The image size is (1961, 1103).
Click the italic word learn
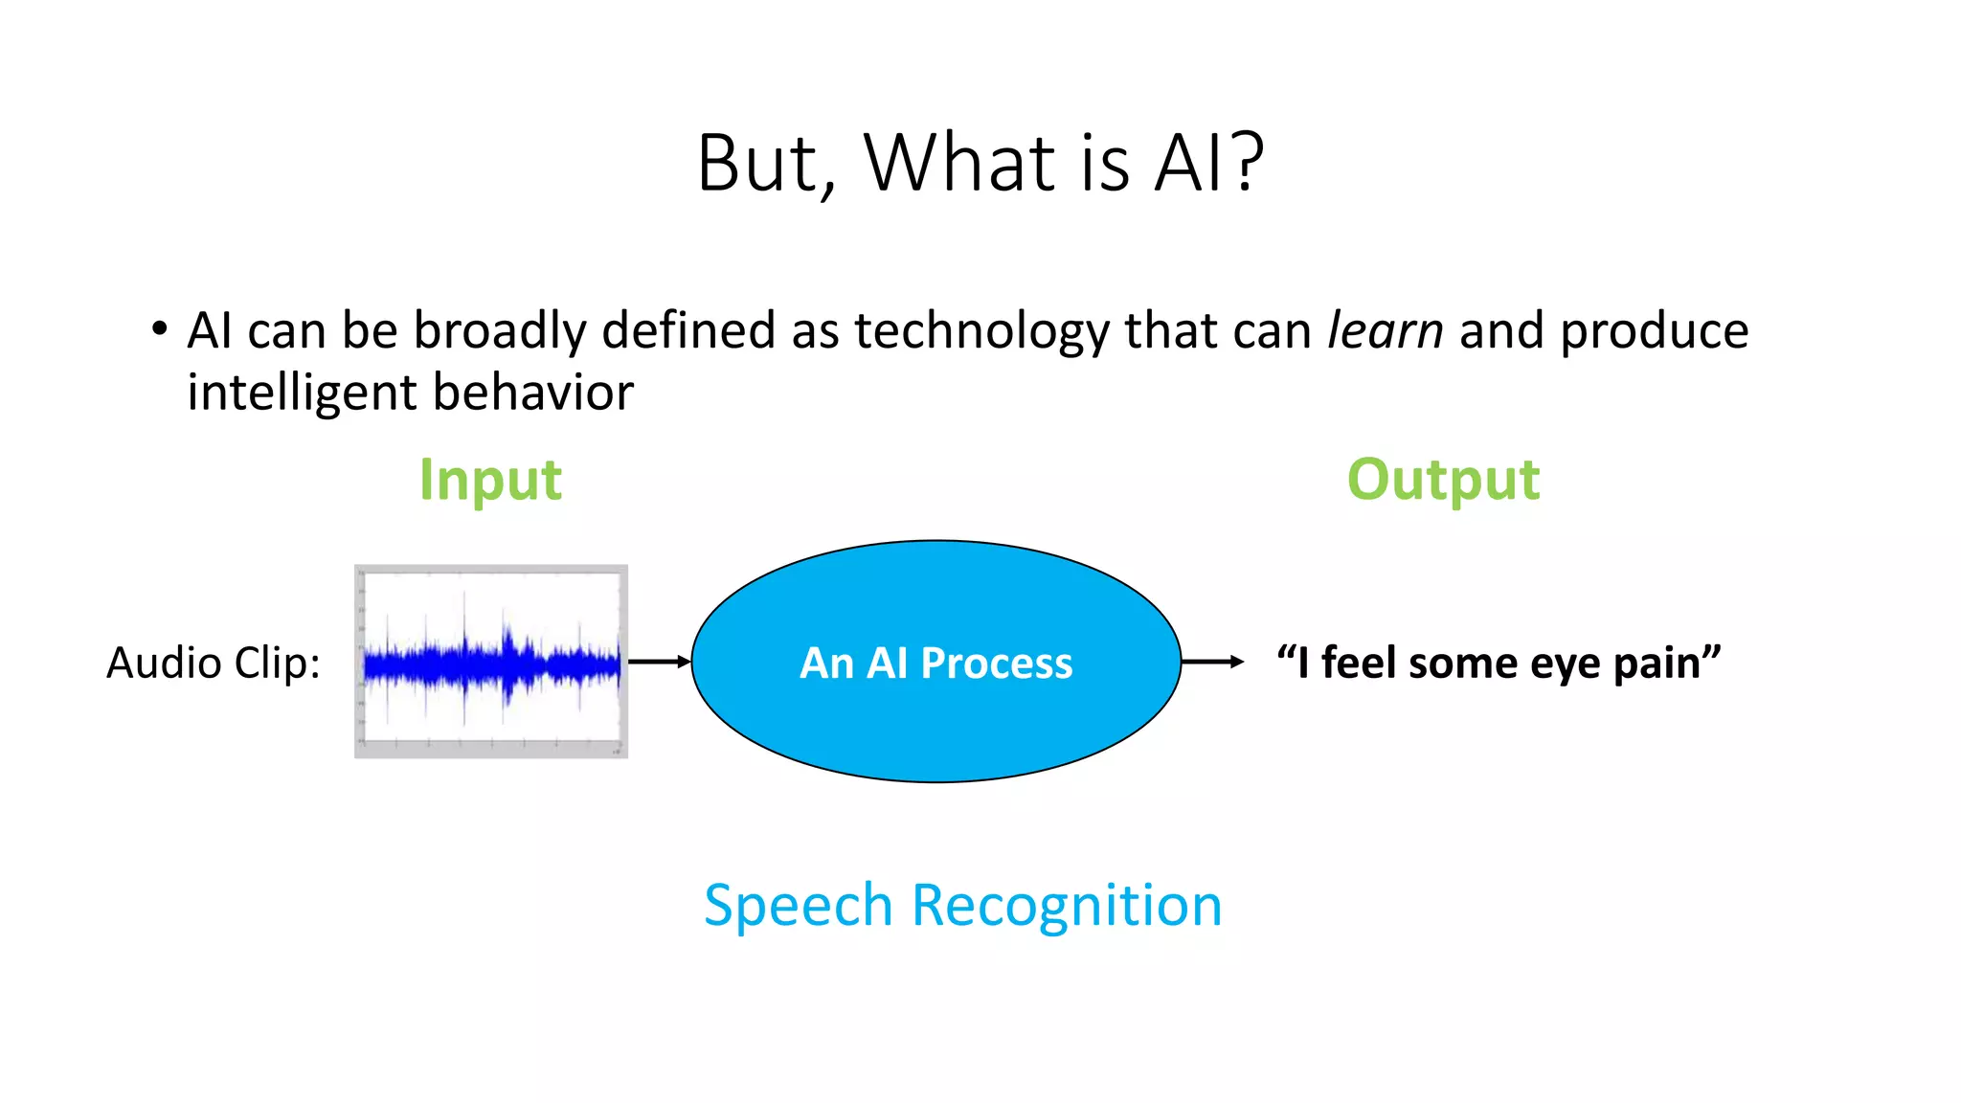tap(1385, 331)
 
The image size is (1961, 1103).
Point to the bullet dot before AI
tap(160, 329)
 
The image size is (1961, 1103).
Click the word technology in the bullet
tap(981, 331)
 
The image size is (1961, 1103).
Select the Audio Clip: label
tap(214, 663)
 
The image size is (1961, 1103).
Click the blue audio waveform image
tap(491, 662)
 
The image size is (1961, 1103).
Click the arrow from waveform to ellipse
tap(659, 662)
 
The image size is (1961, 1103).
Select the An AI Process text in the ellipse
tap(935, 663)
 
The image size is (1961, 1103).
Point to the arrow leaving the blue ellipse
tap(1212, 662)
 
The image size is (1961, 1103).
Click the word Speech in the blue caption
tap(799, 906)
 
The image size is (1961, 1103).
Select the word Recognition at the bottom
tap(1067, 906)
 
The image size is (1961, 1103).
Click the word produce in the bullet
tap(1654, 331)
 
